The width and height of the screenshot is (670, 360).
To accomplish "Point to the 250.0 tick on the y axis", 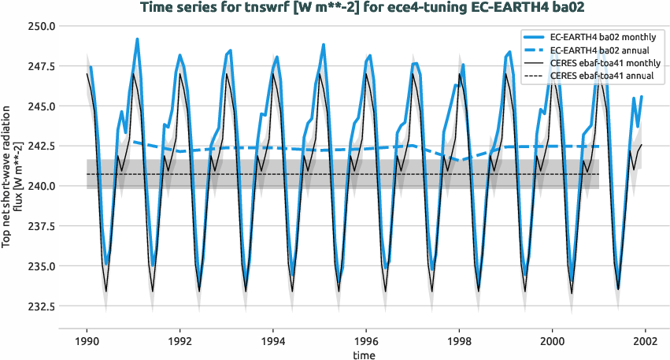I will [x=40, y=26].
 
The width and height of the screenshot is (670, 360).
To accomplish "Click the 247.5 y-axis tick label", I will [x=40, y=66].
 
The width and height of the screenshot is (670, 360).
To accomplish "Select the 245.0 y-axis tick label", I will [x=40, y=106].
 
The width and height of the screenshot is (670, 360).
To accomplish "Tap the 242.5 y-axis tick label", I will [x=40, y=147].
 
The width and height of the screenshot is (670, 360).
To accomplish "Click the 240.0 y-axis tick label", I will [x=40, y=186].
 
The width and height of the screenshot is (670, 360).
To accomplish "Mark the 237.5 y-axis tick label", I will [x=40, y=226].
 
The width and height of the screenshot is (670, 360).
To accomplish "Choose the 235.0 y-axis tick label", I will [x=40, y=266].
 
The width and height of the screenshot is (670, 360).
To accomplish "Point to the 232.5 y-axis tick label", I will [x=40, y=306].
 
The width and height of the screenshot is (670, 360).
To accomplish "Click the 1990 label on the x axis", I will [x=87, y=342].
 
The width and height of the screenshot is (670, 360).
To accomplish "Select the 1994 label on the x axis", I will [x=273, y=342].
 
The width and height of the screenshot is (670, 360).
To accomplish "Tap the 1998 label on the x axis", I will [x=460, y=342].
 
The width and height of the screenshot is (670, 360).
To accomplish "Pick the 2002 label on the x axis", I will [x=646, y=342].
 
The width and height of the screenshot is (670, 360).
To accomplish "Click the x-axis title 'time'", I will [x=364, y=354].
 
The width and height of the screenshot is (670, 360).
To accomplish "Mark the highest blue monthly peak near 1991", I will [x=137, y=39].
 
